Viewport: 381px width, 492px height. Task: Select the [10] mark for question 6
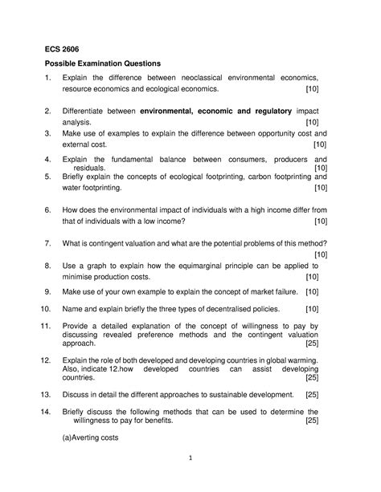click(x=320, y=221)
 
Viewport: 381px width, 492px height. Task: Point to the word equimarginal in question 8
click(x=207, y=265)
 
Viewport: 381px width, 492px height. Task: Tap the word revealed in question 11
click(x=153, y=334)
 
